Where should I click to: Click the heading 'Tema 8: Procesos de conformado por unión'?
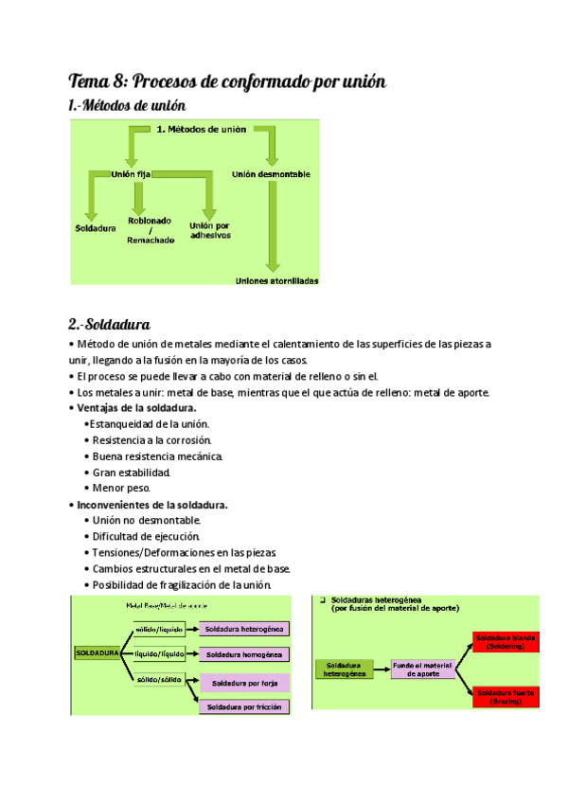228,80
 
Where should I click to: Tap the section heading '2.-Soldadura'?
110,325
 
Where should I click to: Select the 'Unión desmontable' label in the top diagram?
271,174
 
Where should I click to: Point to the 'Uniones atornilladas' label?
276,280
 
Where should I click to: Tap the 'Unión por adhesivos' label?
209,230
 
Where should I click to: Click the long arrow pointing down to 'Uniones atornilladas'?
273,227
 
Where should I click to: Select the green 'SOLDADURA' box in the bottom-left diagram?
97,653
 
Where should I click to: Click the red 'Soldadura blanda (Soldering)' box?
506,642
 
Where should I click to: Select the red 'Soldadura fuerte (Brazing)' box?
506,697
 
